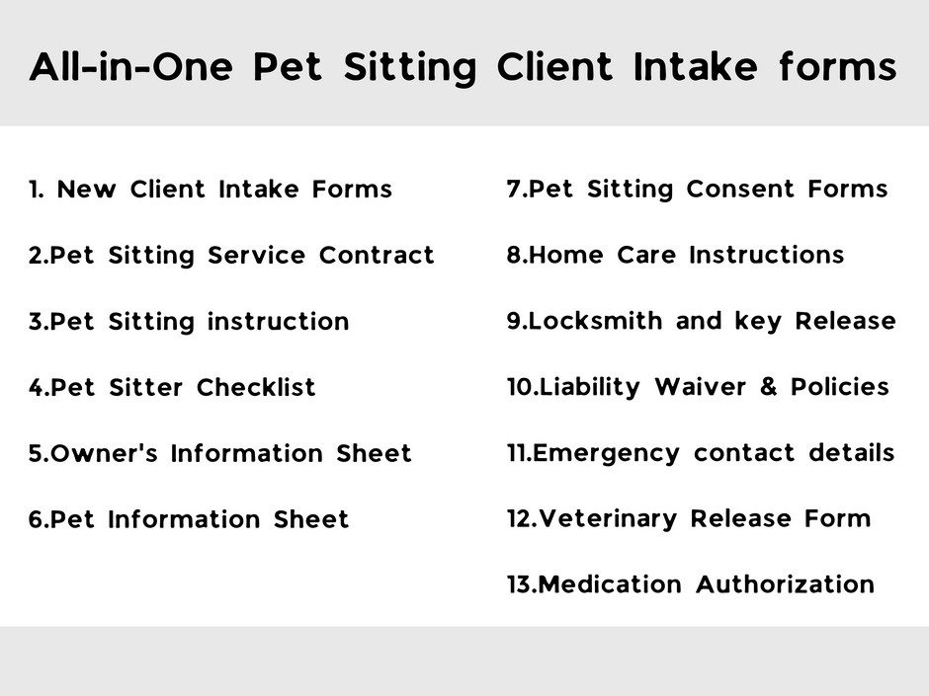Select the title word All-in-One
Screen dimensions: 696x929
pyautogui.click(x=132, y=67)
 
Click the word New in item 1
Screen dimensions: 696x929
pyautogui.click(x=86, y=189)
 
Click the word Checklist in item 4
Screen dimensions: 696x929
pyautogui.click(x=256, y=387)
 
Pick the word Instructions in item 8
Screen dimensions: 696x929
pyautogui.click(x=766, y=255)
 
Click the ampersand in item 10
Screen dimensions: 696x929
pyautogui.click(x=769, y=387)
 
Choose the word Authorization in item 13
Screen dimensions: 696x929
pyautogui.click(x=785, y=584)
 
